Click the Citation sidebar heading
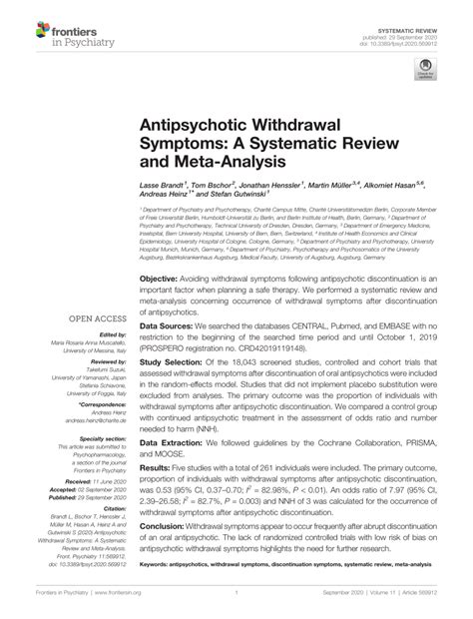(x=114, y=507)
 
